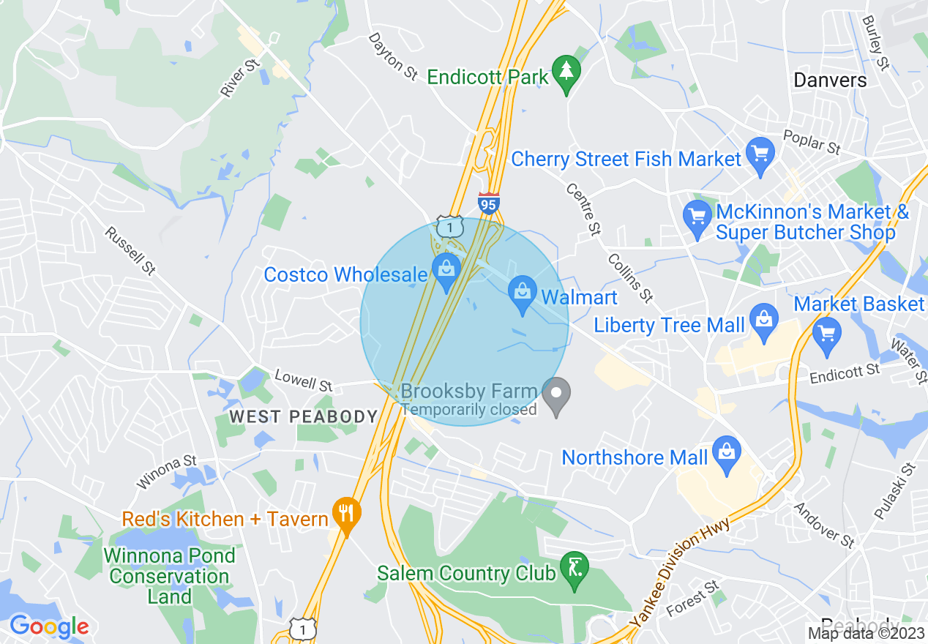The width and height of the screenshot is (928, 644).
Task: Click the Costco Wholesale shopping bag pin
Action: (x=446, y=272)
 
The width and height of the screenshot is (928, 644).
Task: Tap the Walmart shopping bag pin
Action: (x=522, y=294)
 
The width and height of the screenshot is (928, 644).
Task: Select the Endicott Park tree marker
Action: (x=566, y=73)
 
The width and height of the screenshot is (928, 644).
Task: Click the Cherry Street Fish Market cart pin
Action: (x=760, y=155)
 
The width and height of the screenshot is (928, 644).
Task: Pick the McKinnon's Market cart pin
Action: (x=697, y=217)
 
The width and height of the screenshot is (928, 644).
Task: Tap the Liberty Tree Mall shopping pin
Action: (x=764, y=321)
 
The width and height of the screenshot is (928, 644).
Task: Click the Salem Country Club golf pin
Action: (x=575, y=569)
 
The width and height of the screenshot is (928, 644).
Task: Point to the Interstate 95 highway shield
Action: (x=488, y=203)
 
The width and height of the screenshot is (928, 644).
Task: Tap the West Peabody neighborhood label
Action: (x=303, y=417)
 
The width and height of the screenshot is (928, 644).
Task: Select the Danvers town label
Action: (x=830, y=80)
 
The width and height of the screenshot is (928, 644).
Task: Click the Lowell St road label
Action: (x=303, y=380)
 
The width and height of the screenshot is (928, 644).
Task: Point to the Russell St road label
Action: (x=130, y=251)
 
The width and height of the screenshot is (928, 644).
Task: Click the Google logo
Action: (x=48, y=626)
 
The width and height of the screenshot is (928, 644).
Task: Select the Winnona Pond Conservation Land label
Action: (x=170, y=576)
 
